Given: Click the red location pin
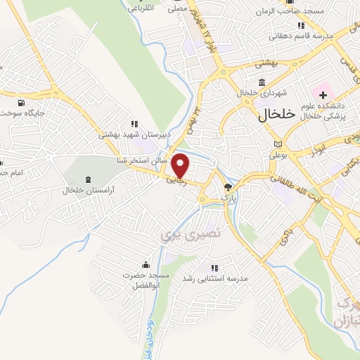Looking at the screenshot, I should coord(181,165).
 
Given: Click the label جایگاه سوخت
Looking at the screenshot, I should coord(26,112).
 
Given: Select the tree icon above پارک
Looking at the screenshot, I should coord(227,187).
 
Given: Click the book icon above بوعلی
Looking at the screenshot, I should coord(278,144).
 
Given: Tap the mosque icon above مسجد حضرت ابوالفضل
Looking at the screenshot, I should coord(145,264).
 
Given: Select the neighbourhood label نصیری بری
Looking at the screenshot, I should coord(181,232).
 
